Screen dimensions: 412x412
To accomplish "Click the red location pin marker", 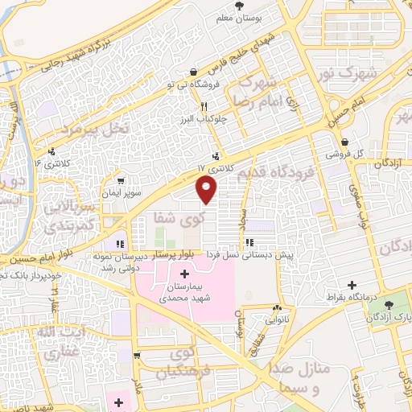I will [x=208, y=189].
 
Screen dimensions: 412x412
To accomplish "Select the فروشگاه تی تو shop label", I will [x=192, y=84].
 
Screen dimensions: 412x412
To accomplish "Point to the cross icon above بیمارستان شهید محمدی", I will [x=185, y=275].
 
